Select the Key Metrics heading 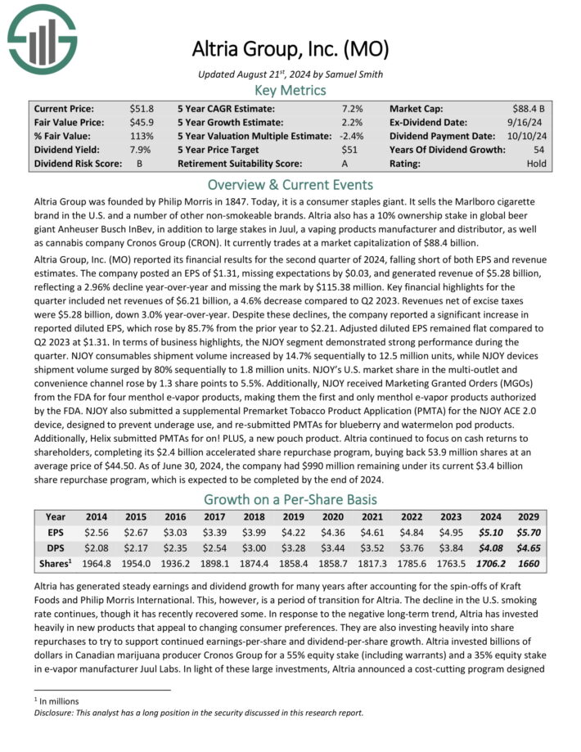tap(290, 90)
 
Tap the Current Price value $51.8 tap(142, 108)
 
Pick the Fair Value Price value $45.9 tap(142, 122)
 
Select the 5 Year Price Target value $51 tap(351, 150)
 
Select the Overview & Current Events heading tap(290, 184)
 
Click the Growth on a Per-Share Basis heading tap(290, 499)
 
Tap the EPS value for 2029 tap(526, 533)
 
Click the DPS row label tap(56, 548)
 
